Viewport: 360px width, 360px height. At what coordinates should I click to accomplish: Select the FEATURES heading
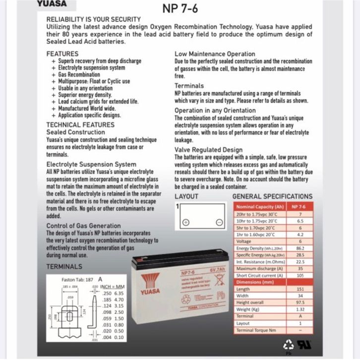click(x=62, y=53)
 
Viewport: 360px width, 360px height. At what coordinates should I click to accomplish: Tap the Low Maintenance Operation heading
click(x=215, y=54)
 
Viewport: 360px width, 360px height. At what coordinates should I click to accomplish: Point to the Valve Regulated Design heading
click(x=208, y=150)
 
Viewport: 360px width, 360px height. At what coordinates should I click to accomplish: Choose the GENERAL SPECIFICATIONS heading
click(x=272, y=196)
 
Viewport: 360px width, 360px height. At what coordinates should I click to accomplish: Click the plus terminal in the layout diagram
click(x=186, y=222)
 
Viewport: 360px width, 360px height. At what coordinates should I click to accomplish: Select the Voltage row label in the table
click(x=244, y=241)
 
